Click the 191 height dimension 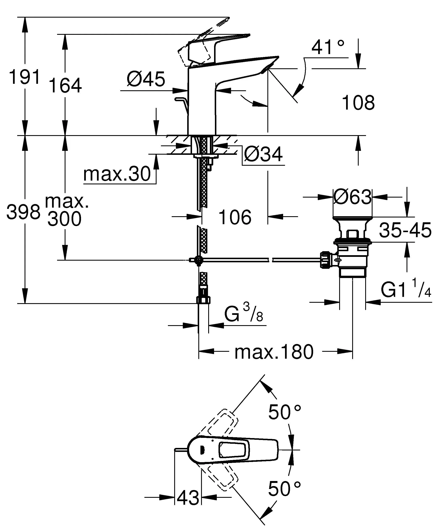(25, 77)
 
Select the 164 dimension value (65, 86)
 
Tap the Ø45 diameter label (146, 79)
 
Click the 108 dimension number (358, 103)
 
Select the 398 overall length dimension (23, 212)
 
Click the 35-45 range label (405, 230)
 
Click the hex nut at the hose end (203, 300)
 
